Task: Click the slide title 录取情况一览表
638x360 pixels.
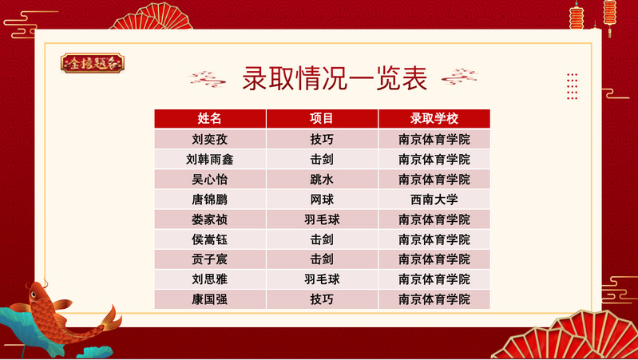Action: click(335, 78)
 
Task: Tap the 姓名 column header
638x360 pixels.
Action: click(209, 118)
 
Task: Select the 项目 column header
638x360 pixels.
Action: click(322, 118)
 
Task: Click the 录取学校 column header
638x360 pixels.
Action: click(434, 118)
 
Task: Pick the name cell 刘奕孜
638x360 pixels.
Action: click(209, 139)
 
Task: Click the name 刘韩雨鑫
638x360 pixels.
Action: click(209, 159)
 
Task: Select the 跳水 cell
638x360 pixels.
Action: click(322, 180)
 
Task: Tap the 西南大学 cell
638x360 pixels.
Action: click(434, 200)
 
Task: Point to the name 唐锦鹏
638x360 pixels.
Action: click(209, 200)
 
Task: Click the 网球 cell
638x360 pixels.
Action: click(322, 200)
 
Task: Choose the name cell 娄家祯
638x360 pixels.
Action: click(209, 220)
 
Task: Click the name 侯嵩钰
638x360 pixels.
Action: click(209, 239)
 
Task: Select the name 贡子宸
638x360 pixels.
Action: click(209, 259)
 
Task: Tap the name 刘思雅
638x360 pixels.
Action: click(209, 279)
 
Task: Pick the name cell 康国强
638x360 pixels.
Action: click(209, 299)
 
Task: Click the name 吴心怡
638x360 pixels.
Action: click(209, 180)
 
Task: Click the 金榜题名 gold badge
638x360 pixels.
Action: click(93, 63)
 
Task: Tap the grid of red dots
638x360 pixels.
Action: click(572, 86)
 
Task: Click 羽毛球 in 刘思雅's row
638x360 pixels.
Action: click(322, 279)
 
